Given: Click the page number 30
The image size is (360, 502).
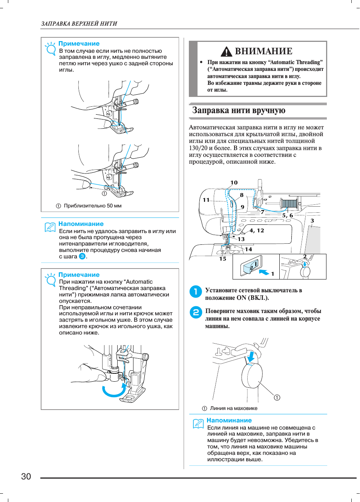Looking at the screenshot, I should pyautogui.click(x=26, y=476).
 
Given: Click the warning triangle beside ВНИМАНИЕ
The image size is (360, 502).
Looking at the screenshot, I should pyautogui.click(x=226, y=51).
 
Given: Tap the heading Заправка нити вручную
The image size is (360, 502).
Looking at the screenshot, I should pyautogui.click(x=239, y=111).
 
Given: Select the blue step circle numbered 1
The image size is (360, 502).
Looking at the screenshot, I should pyautogui.click(x=196, y=291).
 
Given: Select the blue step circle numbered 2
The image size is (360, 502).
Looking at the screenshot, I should pyautogui.click(x=196, y=312).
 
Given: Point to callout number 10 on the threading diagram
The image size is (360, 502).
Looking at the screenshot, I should pyautogui.click(x=234, y=183).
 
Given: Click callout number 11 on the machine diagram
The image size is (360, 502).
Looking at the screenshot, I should pyautogui.click(x=206, y=200).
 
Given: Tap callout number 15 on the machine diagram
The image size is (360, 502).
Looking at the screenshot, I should pyautogui.click(x=223, y=259).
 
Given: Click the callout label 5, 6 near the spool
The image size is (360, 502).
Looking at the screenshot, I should pyautogui.click(x=288, y=215).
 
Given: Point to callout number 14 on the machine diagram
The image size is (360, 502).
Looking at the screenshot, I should pyautogui.click(x=248, y=249).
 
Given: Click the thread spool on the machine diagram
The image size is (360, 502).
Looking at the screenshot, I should pyautogui.click(x=289, y=204).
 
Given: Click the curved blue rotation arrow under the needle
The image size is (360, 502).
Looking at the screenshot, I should pyautogui.click(x=114, y=391).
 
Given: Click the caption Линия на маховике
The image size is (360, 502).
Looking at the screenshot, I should pyautogui.click(x=234, y=408).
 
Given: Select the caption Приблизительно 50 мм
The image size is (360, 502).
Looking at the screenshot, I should pyautogui.click(x=92, y=206).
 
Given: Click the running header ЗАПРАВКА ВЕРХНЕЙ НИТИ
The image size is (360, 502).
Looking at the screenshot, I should pyautogui.click(x=79, y=24).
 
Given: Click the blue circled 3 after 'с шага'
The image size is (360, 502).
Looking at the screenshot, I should pyautogui.click(x=82, y=256).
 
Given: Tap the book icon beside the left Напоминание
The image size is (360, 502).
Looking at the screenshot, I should pyautogui.click(x=50, y=227).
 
